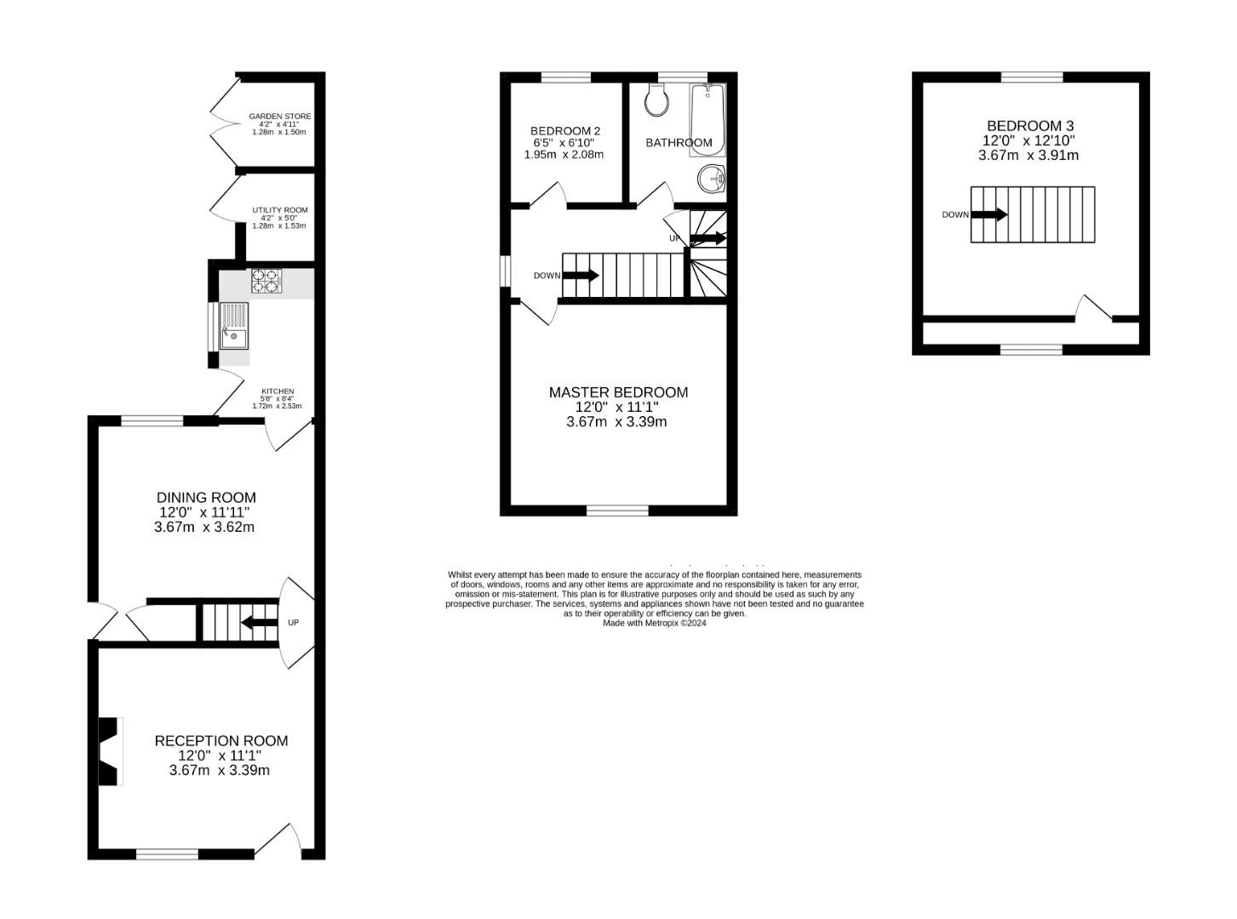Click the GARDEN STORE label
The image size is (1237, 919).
click(x=279, y=117)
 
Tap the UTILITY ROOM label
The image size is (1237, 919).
click(x=279, y=210)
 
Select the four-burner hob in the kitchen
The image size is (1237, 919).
click(x=266, y=281)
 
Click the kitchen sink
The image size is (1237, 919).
click(x=233, y=327)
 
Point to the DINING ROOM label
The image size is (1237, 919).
click(x=206, y=498)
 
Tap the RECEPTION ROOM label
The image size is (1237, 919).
click(x=221, y=741)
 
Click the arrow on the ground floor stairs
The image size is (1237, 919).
click(x=259, y=623)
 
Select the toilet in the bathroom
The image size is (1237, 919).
click(x=656, y=101)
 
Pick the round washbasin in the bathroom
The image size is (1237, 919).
click(x=711, y=179)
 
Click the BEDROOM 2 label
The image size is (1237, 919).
click(x=565, y=131)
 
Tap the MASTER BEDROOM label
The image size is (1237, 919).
click(x=618, y=392)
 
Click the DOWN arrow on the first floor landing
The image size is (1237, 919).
click(x=581, y=276)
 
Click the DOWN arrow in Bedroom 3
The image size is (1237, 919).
click(x=989, y=214)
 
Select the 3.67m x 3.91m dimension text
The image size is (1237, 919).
click(x=1028, y=156)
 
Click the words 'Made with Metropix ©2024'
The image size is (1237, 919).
click(x=655, y=623)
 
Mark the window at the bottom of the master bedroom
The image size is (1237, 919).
click(x=617, y=511)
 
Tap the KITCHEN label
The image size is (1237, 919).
click(x=278, y=391)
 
